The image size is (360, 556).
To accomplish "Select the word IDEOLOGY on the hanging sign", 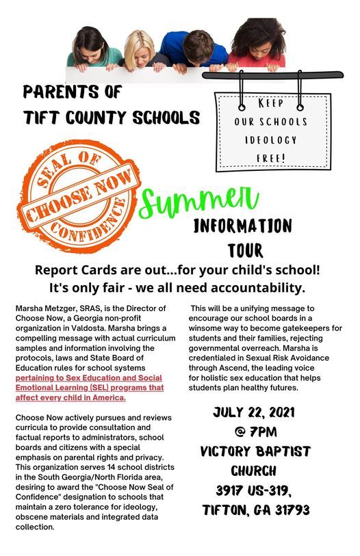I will click(272, 140).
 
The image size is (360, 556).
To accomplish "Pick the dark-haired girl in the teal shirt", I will click(94, 48).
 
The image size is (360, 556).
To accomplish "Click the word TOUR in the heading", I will click(246, 250).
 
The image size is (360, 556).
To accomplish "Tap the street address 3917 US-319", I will click(252, 491).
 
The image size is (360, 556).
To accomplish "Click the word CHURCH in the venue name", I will click(253, 471).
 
